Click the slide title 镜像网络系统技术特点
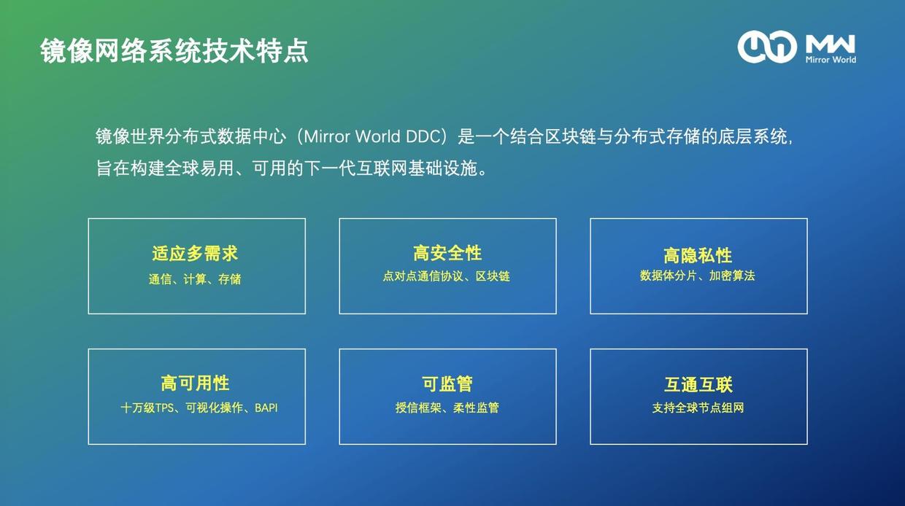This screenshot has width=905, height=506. coord(174,51)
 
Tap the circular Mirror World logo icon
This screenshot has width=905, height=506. coord(766,47)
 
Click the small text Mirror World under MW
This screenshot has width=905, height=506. coord(831,59)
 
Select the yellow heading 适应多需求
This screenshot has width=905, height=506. coord(195,254)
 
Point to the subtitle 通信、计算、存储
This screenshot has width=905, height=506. coord(195,279)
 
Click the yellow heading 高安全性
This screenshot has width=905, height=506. coord(447,253)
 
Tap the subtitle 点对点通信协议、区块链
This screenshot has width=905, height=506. coord(447,277)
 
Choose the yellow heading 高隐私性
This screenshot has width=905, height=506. coord(698,255)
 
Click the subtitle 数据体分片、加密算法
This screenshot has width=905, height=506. coord(698,276)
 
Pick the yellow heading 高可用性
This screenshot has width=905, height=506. coord(195,384)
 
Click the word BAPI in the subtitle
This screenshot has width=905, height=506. coord(266,408)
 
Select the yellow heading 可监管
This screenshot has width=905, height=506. coord(447,384)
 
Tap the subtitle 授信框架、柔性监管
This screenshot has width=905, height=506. coord(447,408)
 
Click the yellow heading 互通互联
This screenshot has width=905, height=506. coord(698,384)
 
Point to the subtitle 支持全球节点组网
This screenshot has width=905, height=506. coord(698,408)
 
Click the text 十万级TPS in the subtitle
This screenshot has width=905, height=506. coord(147,408)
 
